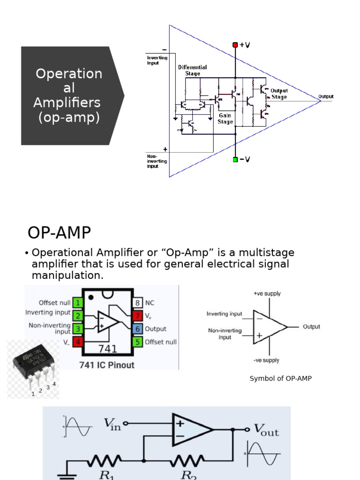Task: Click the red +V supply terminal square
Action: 235,45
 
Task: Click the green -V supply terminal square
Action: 235,159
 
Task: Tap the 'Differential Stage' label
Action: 192,70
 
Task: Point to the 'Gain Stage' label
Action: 225,119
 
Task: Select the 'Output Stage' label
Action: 279,94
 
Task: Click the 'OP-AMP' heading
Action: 59,233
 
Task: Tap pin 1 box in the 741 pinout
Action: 78,303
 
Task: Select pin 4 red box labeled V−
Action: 78,342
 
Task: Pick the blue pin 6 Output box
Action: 137,329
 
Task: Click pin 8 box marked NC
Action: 137,303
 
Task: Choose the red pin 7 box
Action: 137,316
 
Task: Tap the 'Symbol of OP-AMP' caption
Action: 280,378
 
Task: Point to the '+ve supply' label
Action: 267,293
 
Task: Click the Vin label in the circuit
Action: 112,425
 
